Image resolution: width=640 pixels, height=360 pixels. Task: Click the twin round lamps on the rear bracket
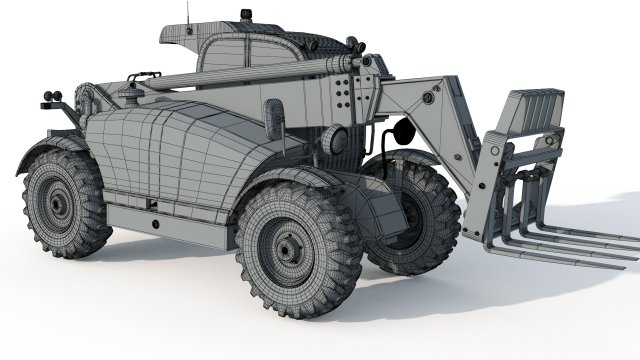pos(51,98)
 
